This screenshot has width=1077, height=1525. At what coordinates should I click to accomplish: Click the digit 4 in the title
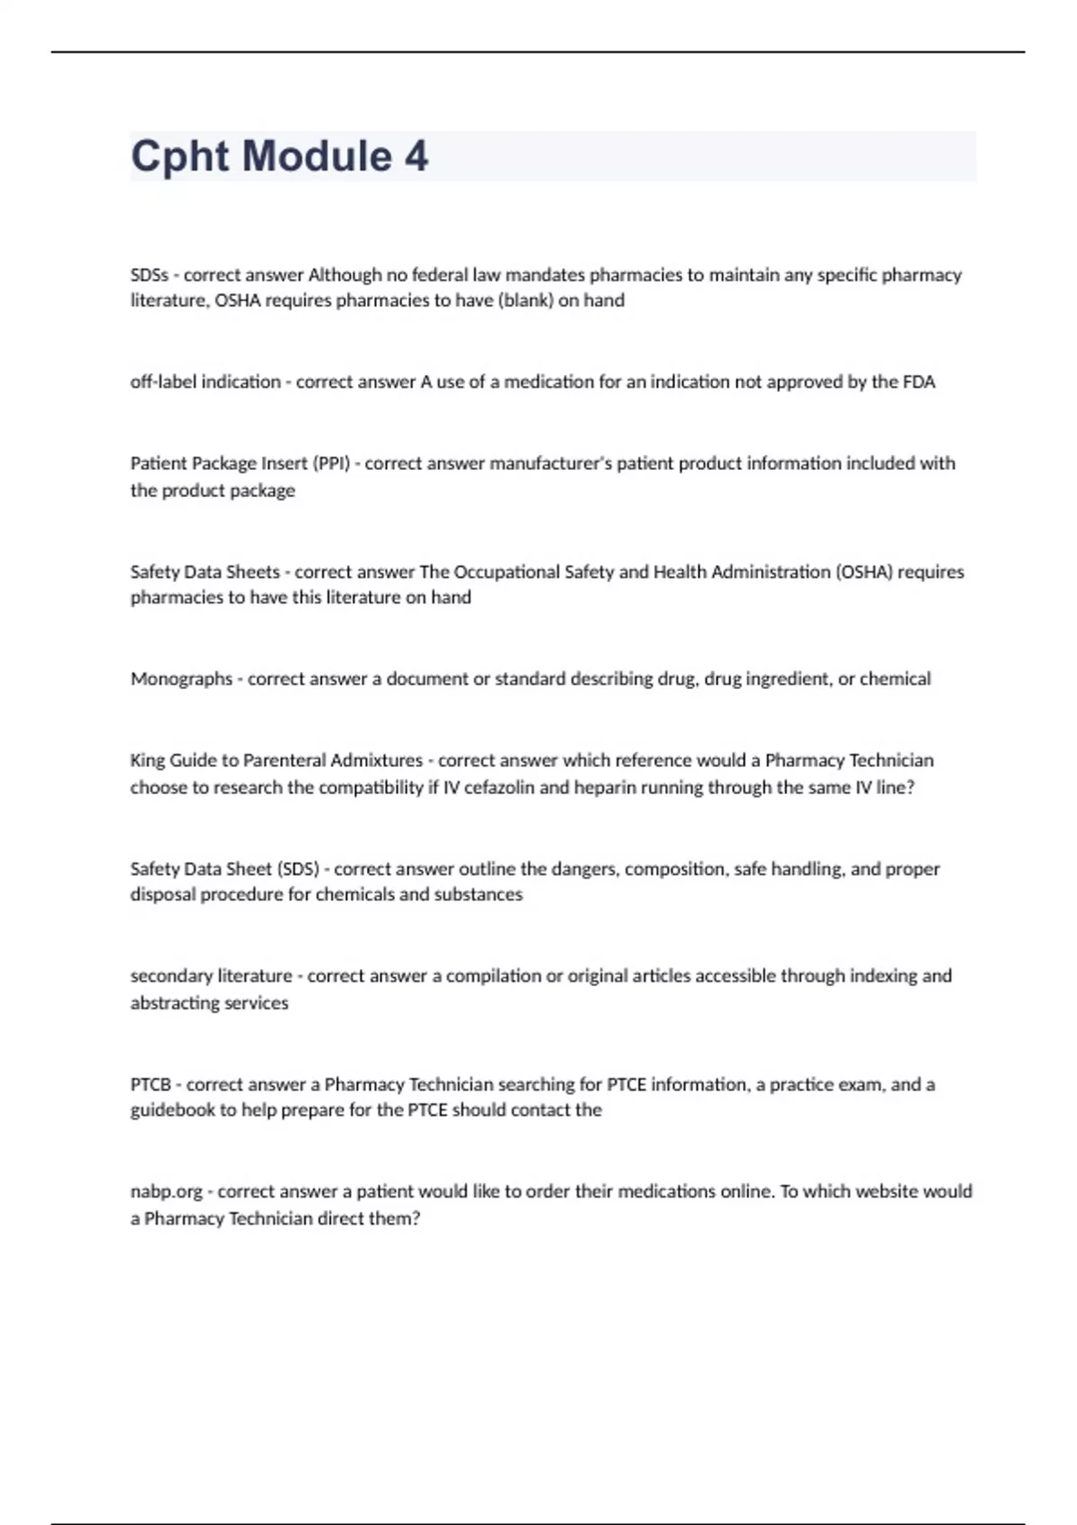point(416,156)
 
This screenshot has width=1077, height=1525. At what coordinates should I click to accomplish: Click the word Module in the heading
point(318,156)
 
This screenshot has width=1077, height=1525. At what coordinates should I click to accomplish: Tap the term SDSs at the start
point(149,274)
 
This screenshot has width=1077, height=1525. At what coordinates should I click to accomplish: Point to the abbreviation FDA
point(918,382)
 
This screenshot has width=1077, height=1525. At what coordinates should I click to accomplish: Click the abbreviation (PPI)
point(330,464)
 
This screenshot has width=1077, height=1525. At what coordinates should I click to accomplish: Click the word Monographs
point(181,679)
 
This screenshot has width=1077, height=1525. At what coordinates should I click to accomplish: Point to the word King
point(148,761)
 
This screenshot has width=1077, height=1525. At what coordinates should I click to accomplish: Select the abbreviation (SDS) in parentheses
point(298,868)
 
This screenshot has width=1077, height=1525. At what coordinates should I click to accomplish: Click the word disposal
point(162,894)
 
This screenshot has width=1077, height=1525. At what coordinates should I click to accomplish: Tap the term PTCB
point(151,1085)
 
